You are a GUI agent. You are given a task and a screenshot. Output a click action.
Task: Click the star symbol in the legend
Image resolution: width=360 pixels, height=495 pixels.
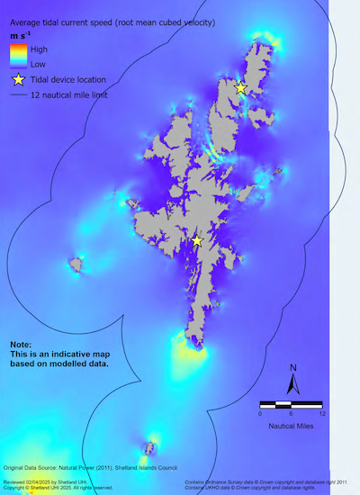pyautogui.click(x=17, y=79)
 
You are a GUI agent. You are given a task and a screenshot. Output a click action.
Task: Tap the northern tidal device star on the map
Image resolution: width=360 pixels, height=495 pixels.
pyautogui.click(x=240, y=87)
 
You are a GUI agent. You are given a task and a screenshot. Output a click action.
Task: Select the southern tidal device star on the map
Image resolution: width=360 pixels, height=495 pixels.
pyautogui.click(x=197, y=240)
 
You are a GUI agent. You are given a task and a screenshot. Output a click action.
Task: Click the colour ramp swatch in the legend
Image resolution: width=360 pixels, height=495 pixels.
pyautogui.click(x=17, y=56)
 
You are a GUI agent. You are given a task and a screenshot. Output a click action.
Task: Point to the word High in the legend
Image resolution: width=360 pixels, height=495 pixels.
pyautogui.click(x=39, y=49)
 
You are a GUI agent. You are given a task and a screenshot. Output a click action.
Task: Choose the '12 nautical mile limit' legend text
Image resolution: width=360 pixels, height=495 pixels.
pyautogui.click(x=75, y=94)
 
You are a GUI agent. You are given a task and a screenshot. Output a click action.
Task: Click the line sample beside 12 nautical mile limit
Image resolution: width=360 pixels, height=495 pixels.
pyautogui.click(x=17, y=94)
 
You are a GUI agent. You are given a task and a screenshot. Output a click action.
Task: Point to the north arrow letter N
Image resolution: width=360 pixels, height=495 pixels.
pyautogui.click(x=293, y=367)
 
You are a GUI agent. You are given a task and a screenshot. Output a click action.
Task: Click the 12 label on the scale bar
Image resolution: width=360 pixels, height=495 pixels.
pyautogui.click(x=321, y=414)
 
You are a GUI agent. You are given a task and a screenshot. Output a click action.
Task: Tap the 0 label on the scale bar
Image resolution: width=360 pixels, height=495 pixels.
pyautogui.click(x=260, y=414)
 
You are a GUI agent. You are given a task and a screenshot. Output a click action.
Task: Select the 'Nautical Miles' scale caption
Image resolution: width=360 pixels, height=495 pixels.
pyautogui.click(x=291, y=424)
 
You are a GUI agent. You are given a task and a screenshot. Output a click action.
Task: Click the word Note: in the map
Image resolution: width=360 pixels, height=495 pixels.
pyautogui.click(x=21, y=345)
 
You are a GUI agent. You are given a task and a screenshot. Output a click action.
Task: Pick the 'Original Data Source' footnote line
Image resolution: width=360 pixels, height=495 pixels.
pyautogui.click(x=91, y=468)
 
